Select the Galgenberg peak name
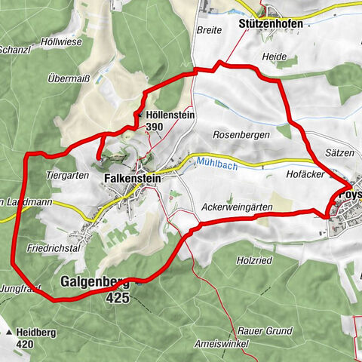[x=94, y=283]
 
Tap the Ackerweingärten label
[x=236, y=205]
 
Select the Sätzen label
[x=340, y=152]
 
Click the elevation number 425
[x=118, y=298]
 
